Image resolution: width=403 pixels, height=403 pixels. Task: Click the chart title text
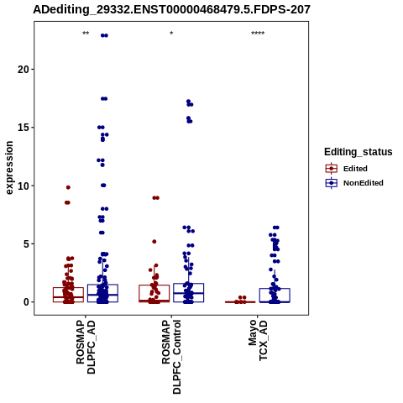pyautogui.click(x=171, y=9)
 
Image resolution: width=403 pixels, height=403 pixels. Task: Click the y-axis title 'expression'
pyautogui.click(x=9, y=168)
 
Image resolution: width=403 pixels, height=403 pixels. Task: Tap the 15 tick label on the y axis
pyautogui.click(x=24, y=128)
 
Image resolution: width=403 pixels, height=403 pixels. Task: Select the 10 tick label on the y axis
pyautogui.click(x=24, y=186)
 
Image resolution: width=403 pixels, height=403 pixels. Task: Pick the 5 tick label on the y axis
pyautogui.click(x=27, y=243)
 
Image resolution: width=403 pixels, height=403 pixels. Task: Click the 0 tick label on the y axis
pyautogui.click(x=27, y=302)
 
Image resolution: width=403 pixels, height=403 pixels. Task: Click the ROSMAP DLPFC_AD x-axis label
pyautogui.click(x=86, y=348)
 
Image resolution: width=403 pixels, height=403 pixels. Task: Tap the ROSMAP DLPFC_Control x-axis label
pyautogui.click(x=171, y=357)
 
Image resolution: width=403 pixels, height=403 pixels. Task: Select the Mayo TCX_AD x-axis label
pyautogui.click(x=258, y=340)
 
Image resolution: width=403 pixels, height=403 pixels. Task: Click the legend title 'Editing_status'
pyautogui.click(x=359, y=152)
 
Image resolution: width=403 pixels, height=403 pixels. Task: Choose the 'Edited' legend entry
pyautogui.click(x=355, y=169)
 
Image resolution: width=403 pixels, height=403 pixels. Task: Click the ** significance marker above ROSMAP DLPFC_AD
pyautogui.click(x=86, y=34)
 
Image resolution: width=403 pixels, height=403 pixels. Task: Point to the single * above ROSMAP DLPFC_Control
pyautogui.click(x=171, y=34)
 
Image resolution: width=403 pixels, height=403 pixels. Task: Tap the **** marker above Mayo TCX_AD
pyautogui.click(x=258, y=34)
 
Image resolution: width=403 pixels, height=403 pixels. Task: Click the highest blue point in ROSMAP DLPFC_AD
pyautogui.click(x=104, y=35)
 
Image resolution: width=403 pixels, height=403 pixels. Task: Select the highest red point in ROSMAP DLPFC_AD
pyautogui.click(x=68, y=187)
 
